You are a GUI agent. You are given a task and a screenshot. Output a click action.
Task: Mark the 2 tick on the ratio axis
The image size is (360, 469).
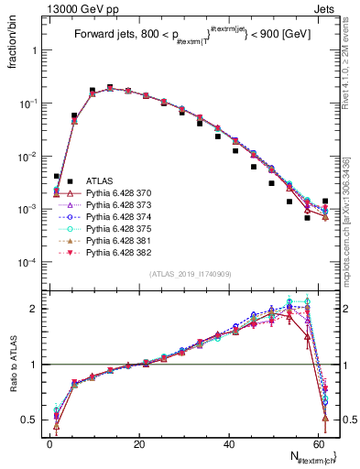tap(37, 309)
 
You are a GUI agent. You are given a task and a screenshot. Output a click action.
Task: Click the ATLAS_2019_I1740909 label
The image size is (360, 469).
tap(191, 273)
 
